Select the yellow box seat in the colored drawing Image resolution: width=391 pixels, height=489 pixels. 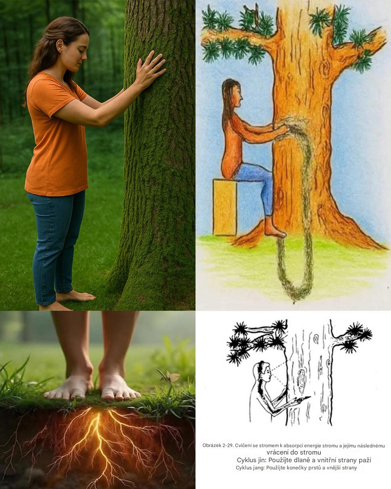[225, 207]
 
